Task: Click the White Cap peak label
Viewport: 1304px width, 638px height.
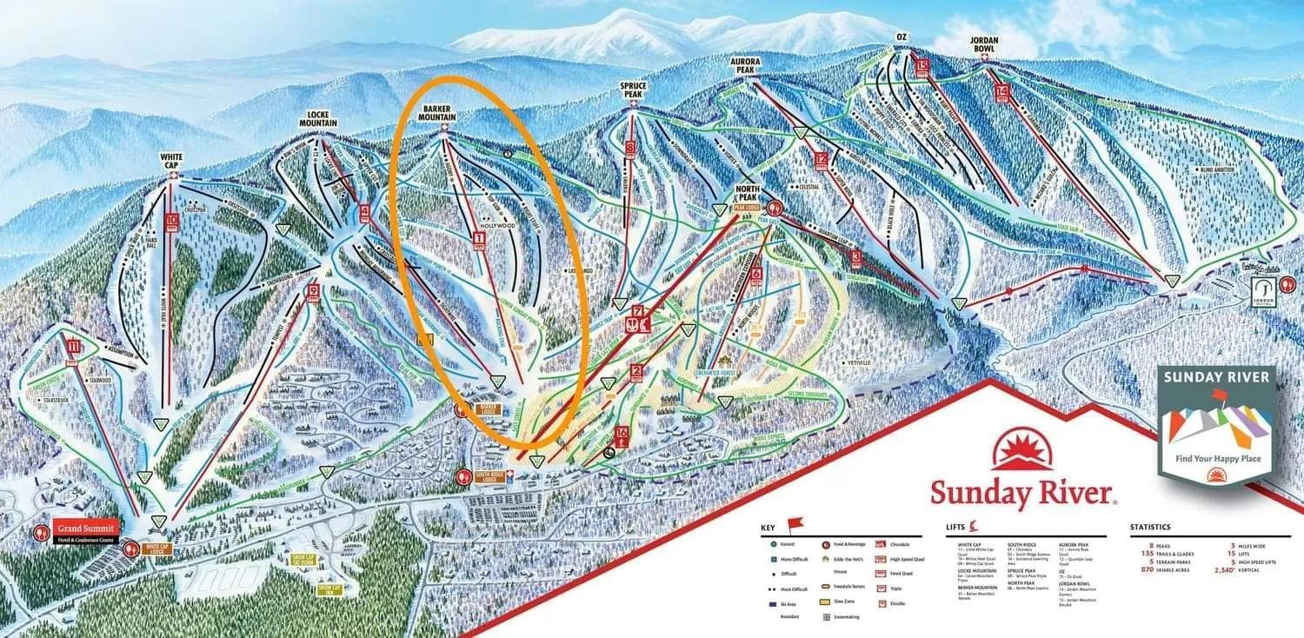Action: pyautogui.click(x=171, y=161)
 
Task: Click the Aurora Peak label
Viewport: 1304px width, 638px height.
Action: pyautogui.click(x=746, y=67)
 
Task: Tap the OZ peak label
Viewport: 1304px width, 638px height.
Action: pyautogui.click(x=901, y=37)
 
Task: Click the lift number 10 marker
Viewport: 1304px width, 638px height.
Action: pyautogui.click(x=171, y=222)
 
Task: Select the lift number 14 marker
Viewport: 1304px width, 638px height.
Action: pyautogui.click(x=1003, y=91)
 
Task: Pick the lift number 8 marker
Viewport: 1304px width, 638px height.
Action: pyautogui.click(x=631, y=148)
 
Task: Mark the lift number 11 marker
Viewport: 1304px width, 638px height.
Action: pyautogui.click(x=73, y=349)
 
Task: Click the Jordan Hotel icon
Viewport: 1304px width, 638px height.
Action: pyautogui.click(x=1263, y=289)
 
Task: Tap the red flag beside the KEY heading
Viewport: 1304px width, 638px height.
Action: pyautogui.click(x=795, y=524)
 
